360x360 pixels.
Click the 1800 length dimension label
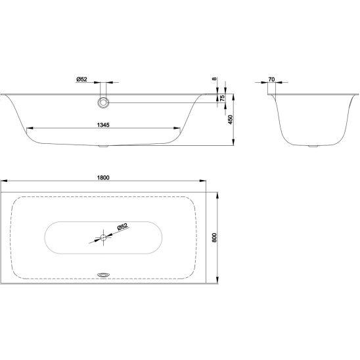click(x=103, y=178)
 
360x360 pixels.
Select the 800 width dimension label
click(x=214, y=238)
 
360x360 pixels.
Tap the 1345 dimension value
click(x=103, y=125)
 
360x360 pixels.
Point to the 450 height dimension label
click(x=231, y=120)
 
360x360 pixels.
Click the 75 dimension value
click(x=222, y=98)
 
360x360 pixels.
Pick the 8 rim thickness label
click(x=214, y=79)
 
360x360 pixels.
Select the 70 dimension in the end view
click(x=271, y=79)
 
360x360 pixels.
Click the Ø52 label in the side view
click(x=81, y=79)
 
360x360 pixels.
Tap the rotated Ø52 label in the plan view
click(x=122, y=227)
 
